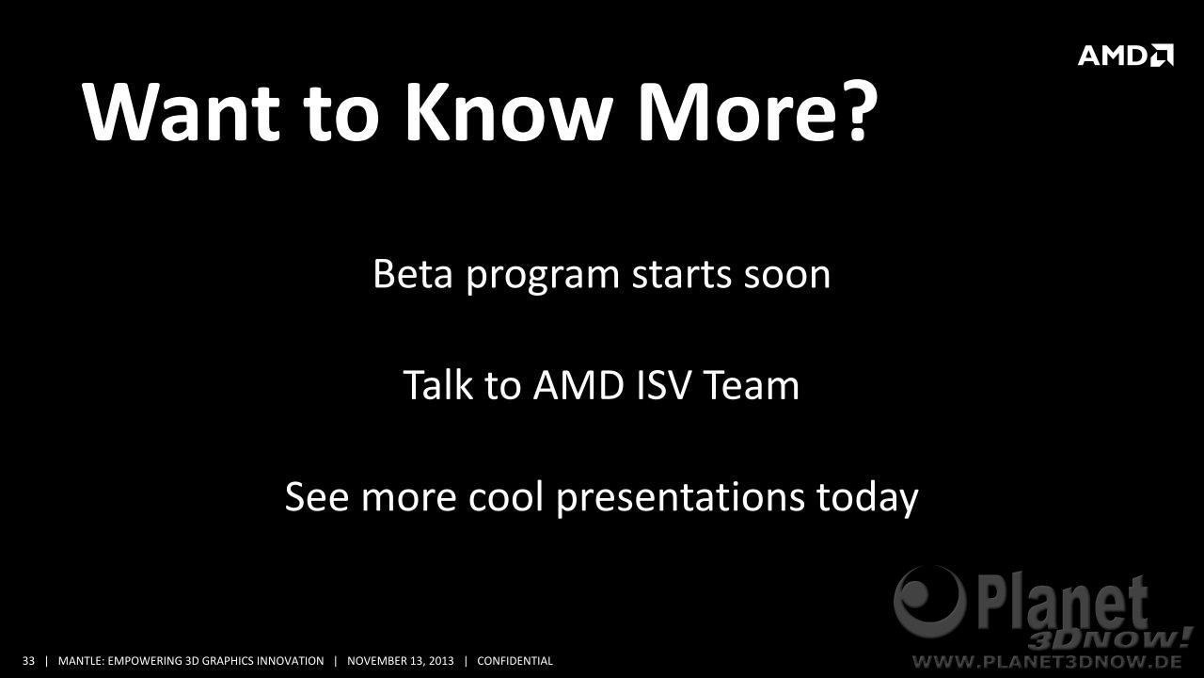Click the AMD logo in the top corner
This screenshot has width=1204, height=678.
tap(1126, 56)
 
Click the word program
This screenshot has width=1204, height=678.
tap(543, 277)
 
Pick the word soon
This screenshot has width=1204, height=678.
tap(787, 275)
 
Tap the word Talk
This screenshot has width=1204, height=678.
tap(437, 385)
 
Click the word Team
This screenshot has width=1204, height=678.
tap(752, 385)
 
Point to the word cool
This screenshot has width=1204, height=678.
tap(506, 496)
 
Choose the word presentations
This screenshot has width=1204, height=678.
tap(680, 499)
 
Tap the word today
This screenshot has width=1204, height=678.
tap(867, 499)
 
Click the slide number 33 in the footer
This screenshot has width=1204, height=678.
tap(28, 661)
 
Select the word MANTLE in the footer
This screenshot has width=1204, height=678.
tap(81, 661)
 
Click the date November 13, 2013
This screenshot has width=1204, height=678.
tap(401, 661)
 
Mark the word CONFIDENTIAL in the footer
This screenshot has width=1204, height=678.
tap(515, 661)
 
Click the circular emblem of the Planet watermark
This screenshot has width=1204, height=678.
tap(929, 601)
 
